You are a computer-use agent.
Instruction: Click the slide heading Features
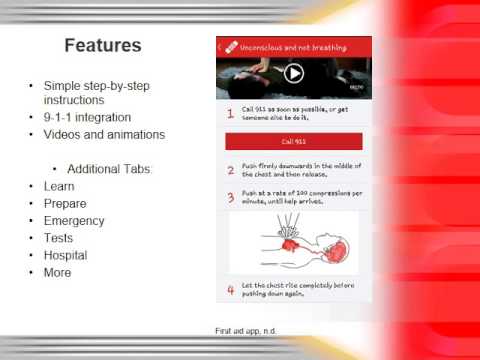(x=103, y=46)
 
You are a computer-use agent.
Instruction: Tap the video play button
(x=293, y=73)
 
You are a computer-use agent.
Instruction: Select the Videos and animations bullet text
(x=105, y=135)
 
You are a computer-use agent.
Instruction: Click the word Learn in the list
(x=60, y=186)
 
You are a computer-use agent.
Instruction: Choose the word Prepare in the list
(x=65, y=203)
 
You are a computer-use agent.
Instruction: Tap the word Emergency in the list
(x=74, y=221)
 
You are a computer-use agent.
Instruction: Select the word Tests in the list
(x=59, y=238)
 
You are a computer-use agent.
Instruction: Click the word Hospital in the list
(x=66, y=255)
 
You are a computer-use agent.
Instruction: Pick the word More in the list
(x=58, y=272)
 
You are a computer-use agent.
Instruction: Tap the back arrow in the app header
(x=220, y=46)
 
